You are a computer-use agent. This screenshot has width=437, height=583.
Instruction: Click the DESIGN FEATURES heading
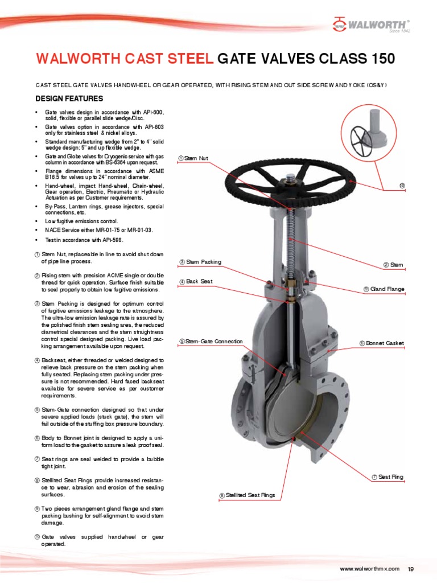(x=69, y=98)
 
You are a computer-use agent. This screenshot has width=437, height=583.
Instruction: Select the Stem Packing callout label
(x=200, y=262)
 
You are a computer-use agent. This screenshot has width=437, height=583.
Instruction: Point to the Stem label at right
(x=393, y=265)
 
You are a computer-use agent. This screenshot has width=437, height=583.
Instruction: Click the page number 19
(x=411, y=569)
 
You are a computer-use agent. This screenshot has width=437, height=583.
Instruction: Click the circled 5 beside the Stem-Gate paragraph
(x=37, y=409)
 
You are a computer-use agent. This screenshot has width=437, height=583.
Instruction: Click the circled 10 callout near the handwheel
(x=402, y=186)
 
